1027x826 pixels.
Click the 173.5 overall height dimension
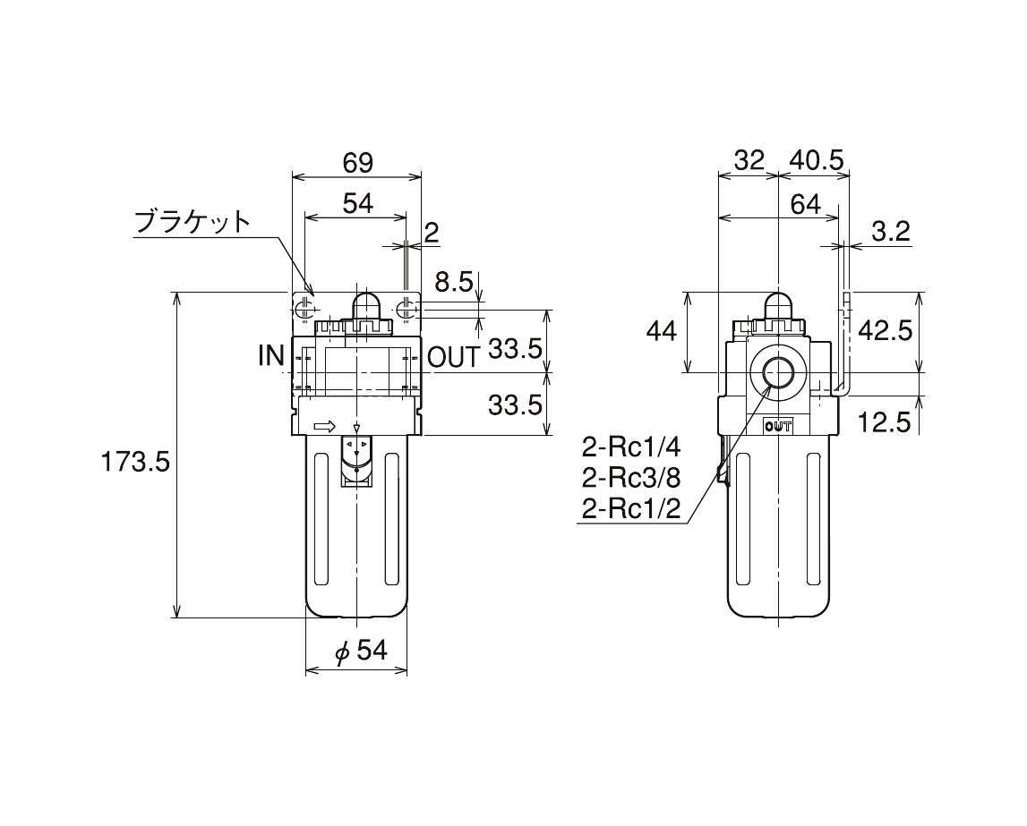pos(135,463)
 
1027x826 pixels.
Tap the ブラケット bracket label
pos(192,223)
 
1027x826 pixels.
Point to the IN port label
pos(272,356)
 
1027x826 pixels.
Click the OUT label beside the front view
pos(454,357)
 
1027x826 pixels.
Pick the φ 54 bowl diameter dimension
pos(361,651)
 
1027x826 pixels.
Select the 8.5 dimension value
pos(454,283)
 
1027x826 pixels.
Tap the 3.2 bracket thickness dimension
pos(891,231)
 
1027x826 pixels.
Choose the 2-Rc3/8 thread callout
pos(631,479)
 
